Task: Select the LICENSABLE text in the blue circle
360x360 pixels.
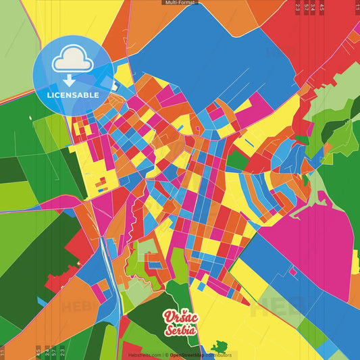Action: (x=72, y=95)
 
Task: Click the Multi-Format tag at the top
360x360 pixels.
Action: (x=180, y=3)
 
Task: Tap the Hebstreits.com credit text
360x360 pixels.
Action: (x=143, y=355)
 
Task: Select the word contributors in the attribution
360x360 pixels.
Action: (x=220, y=355)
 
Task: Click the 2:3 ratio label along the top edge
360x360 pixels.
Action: (x=298, y=7)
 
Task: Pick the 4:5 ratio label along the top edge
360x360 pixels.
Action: (x=322, y=7)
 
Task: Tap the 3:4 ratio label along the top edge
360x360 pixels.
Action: (x=313, y=7)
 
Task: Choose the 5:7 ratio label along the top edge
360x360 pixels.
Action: (x=306, y=7)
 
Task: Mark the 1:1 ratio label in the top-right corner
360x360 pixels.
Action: (x=357, y=7)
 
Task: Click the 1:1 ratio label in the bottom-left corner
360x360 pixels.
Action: (x=3, y=352)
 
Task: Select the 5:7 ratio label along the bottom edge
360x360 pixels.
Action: (x=54, y=352)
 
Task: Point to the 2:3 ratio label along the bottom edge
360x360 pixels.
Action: (x=62, y=352)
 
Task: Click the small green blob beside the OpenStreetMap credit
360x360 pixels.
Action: (x=219, y=347)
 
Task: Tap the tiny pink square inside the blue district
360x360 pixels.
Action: (x=293, y=272)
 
